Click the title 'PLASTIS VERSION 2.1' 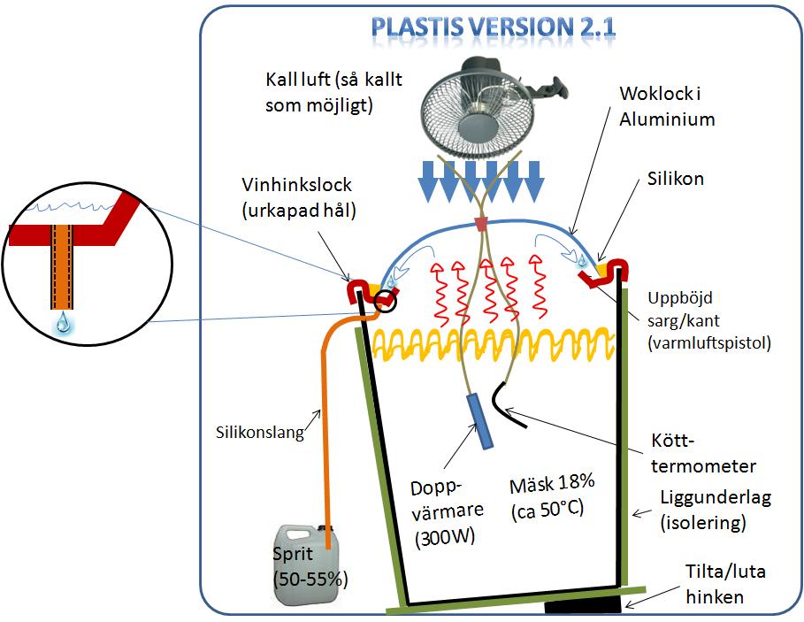pos(493,27)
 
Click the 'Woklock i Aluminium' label pos(667,106)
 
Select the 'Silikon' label pos(675,179)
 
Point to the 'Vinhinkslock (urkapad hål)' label pos(298,197)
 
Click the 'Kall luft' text pos(297,80)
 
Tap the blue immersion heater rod pos(479,421)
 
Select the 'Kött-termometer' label pos(703,453)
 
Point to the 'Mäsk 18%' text pos(552,484)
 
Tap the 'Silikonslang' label pos(260,433)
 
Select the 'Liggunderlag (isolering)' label pos(716,510)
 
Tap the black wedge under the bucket pos(583,607)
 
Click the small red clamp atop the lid pos(481,224)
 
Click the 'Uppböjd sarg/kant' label pos(684,309)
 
